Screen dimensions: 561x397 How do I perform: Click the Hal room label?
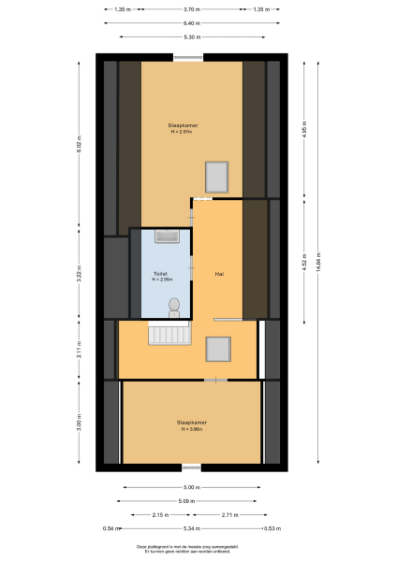218,274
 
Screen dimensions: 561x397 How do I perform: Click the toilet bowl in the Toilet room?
174,305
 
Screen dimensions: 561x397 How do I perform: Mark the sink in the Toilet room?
169,236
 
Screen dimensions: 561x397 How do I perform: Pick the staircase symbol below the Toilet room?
169,333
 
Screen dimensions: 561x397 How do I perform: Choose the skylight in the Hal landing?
218,349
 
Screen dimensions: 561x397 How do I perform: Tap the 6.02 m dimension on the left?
81,145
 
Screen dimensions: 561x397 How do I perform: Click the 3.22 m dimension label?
81,276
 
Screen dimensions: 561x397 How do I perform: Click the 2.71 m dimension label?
228,515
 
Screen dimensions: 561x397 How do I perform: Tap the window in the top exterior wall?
188,58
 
